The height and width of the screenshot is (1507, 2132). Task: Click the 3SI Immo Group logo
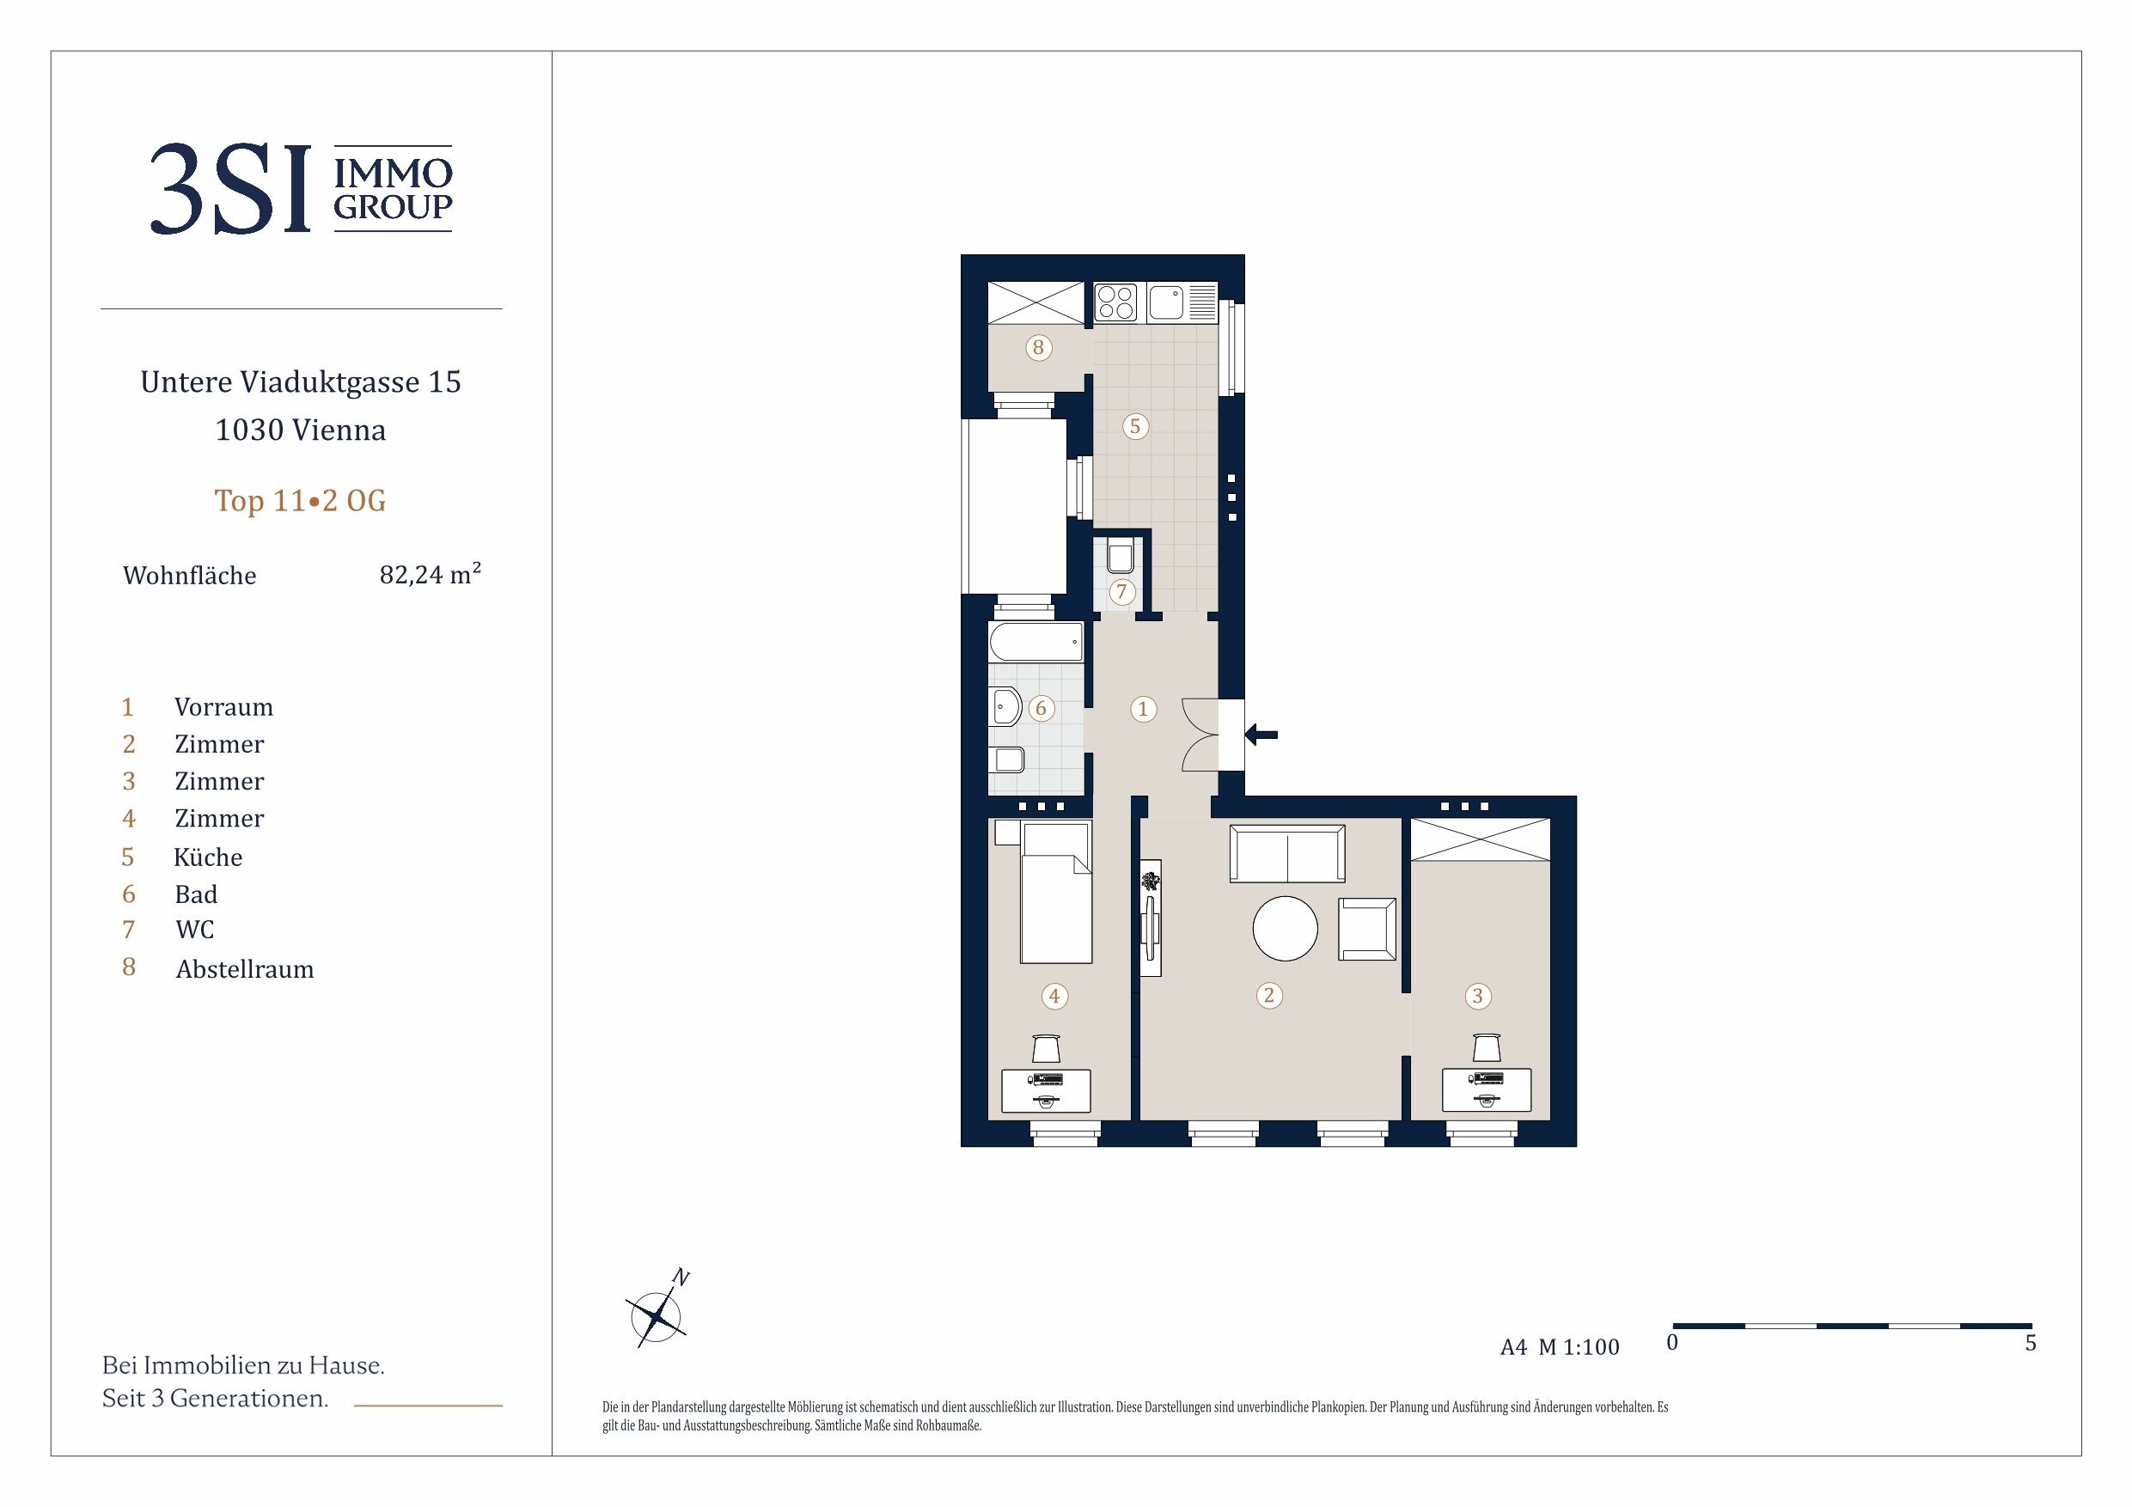(x=301, y=188)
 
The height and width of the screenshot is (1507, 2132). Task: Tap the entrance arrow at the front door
(x=1261, y=735)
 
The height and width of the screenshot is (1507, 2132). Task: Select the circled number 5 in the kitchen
(x=1134, y=426)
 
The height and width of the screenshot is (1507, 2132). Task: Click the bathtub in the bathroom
(x=1036, y=642)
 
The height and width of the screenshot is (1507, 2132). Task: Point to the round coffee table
(x=1286, y=928)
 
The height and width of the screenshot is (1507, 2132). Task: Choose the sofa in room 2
(x=1287, y=853)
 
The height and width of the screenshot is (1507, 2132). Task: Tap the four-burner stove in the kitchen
(x=1116, y=302)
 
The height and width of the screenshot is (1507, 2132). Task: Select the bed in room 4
(x=1056, y=894)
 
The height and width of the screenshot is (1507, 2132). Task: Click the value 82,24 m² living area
(x=430, y=574)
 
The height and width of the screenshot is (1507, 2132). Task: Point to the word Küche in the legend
(x=208, y=856)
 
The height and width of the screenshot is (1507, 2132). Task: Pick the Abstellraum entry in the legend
(x=245, y=968)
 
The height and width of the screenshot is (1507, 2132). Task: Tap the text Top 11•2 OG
(x=300, y=501)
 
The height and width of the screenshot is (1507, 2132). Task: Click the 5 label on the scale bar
(x=2031, y=1343)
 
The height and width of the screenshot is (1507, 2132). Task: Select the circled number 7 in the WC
(x=1121, y=591)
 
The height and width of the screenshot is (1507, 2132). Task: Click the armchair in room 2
(x=1367, y=929)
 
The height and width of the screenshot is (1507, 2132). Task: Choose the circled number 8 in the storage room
(x=1038, y=348)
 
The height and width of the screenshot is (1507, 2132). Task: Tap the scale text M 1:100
(x=1579, y=1347)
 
